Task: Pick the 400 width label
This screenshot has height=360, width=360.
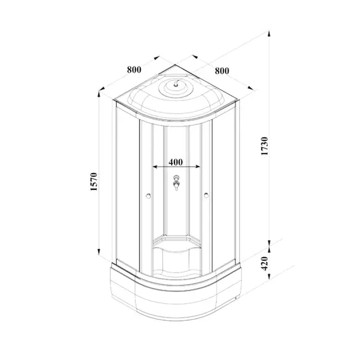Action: [177, 162]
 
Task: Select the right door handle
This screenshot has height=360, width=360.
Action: [207, 196]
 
